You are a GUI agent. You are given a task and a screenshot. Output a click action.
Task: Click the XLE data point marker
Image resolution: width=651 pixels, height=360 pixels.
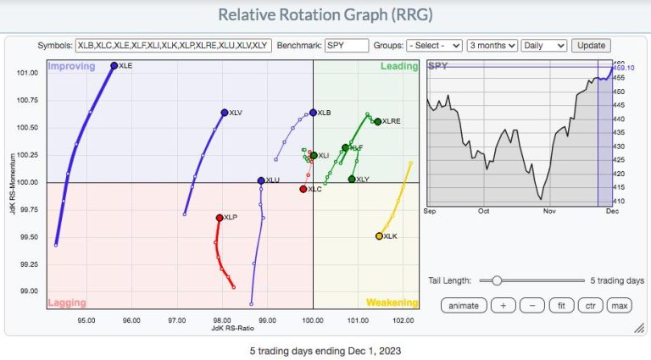coord(114,65)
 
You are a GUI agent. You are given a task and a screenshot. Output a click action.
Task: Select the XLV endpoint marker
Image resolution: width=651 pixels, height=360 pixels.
coord(224,112)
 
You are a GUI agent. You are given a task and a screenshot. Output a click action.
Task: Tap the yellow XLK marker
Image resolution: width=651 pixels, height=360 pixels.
coord(379,236)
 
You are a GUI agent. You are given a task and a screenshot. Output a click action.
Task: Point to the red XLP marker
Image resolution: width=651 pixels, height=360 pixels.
coord(220,218)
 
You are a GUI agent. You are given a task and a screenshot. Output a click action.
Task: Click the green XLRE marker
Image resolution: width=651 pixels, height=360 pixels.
coord(377,121)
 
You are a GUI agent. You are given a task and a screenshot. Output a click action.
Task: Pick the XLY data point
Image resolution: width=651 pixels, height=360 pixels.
coord(352,179)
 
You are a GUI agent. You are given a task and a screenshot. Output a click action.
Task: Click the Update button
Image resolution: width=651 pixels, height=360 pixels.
coord(591,45)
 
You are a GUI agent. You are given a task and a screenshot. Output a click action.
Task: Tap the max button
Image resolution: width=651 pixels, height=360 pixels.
coord(619,305)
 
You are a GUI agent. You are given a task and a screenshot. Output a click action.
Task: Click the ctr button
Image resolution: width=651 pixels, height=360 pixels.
coord(588,305)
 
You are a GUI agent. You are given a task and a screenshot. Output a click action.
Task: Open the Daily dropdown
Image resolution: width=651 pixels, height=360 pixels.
coord(544,45)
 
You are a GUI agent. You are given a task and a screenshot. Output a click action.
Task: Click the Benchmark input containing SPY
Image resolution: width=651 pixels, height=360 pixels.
coord(346,45)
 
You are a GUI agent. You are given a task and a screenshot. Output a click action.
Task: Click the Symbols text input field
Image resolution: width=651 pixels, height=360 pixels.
coord(173,45)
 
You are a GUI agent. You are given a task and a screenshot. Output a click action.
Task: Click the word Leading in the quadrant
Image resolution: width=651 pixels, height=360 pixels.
coord(398,66)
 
